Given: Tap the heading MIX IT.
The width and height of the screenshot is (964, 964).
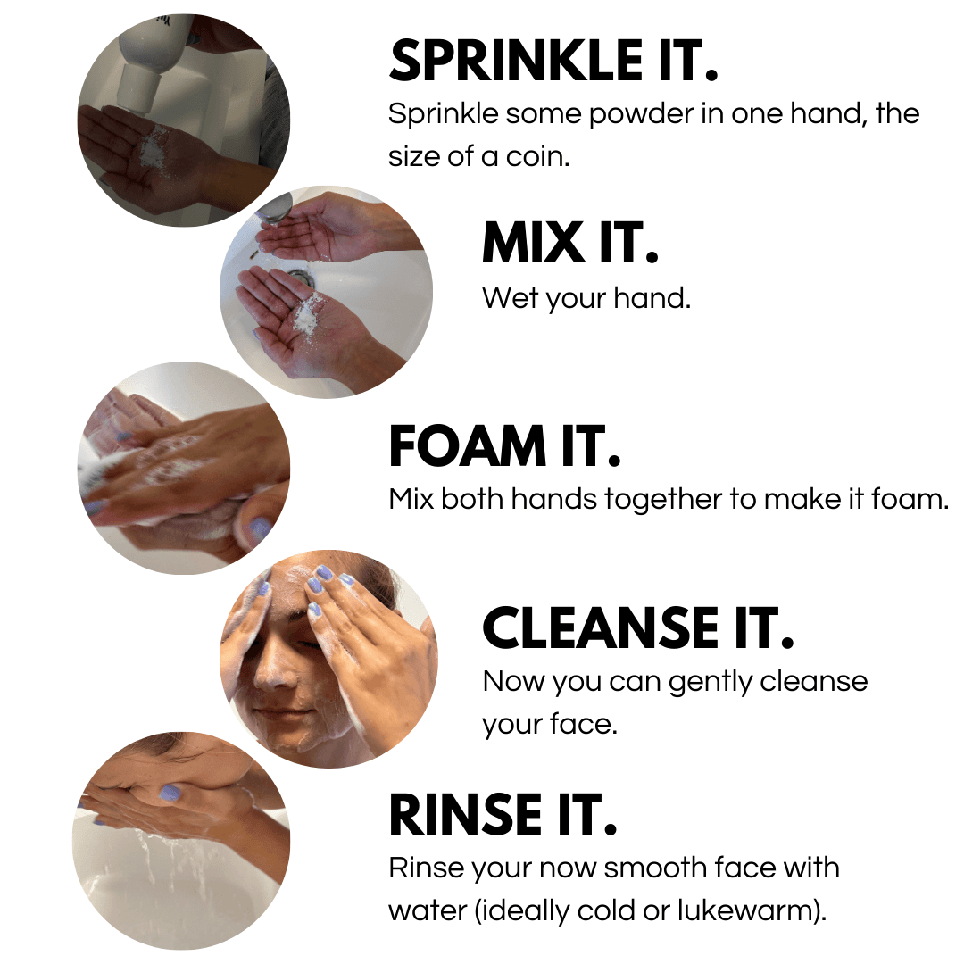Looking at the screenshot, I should click(569, 243).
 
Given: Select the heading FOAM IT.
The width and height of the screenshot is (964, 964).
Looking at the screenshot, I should click(504, 447).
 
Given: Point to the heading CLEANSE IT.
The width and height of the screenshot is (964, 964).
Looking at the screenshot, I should click(637, 628).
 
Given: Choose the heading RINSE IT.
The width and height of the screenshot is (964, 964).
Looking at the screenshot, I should click(503, 815).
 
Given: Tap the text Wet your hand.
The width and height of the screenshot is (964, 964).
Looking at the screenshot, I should click(586, 298).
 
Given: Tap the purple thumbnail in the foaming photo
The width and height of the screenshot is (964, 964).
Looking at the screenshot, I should click(260, 529).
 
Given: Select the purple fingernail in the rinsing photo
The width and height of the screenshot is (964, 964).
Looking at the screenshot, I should click(169, 792).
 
